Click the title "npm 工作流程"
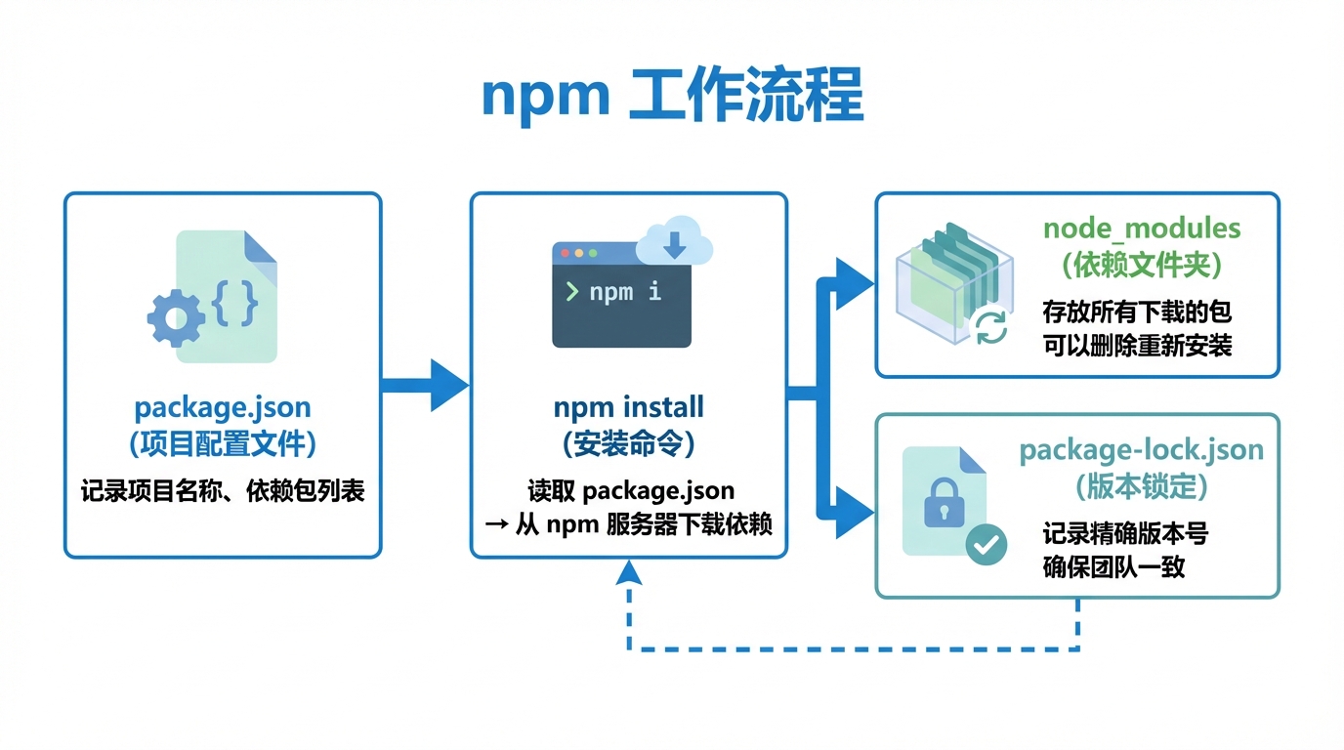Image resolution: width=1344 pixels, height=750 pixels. click(672, 96)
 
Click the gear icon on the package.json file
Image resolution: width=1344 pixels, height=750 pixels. click(176, 315)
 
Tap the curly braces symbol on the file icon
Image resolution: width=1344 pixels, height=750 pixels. click(235, 304)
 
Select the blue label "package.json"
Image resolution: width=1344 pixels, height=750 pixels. click(223, 406)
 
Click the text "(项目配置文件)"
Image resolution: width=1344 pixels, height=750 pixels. click(223, 444)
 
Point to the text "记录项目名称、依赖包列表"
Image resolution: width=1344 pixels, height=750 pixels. click(223, 490)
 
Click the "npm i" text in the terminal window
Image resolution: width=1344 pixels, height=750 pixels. click(624, 292)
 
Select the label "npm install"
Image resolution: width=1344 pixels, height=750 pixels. click(628, 406)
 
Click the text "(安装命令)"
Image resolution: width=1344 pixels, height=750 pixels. click(628, 444)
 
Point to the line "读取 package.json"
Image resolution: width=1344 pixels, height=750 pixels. click(628, 489)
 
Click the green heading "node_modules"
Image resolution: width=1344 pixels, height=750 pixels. click(1141, 229)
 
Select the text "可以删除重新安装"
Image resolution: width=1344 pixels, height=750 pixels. click(1137, 346)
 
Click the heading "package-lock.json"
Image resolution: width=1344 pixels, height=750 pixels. click(1141, 450)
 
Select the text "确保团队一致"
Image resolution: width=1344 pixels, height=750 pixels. click(1113, 566)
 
